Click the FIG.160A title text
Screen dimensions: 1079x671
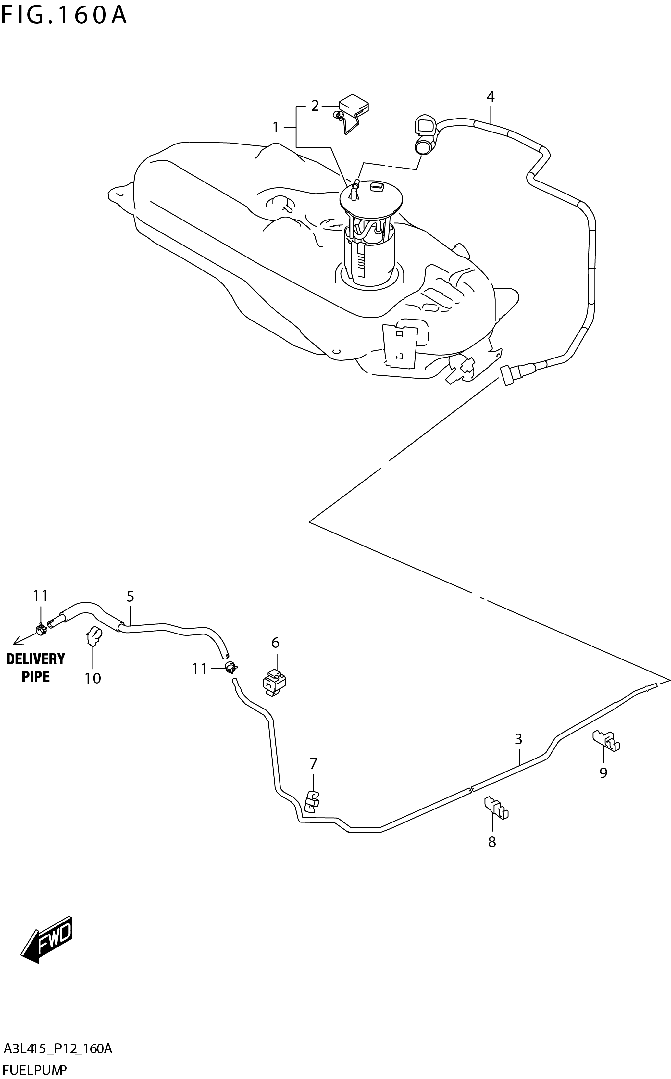(64, 16)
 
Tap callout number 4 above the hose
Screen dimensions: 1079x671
(491, 97)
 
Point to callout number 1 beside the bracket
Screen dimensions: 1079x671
(276, 128)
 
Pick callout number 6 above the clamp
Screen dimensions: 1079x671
(275, 643)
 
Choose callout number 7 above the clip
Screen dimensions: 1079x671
(313, 764)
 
